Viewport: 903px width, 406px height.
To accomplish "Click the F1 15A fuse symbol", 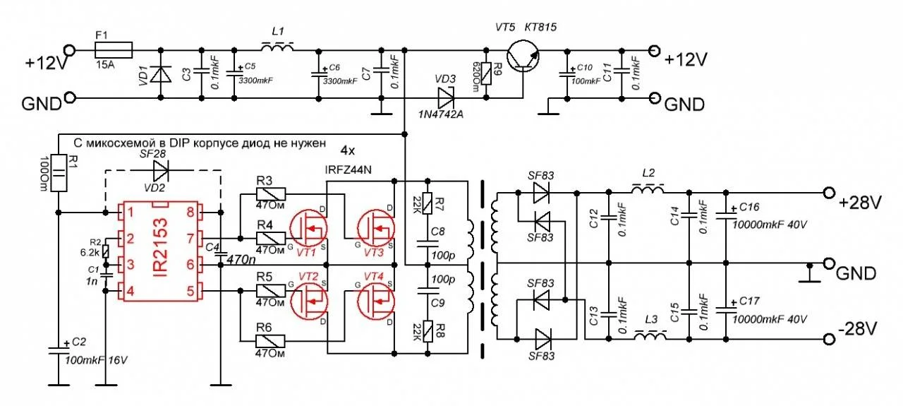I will pos(114,49).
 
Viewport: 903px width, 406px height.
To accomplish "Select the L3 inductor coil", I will pos(651,338).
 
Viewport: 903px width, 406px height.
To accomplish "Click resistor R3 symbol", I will pos(270,193).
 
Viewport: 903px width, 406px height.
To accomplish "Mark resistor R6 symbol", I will pos(270,340).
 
